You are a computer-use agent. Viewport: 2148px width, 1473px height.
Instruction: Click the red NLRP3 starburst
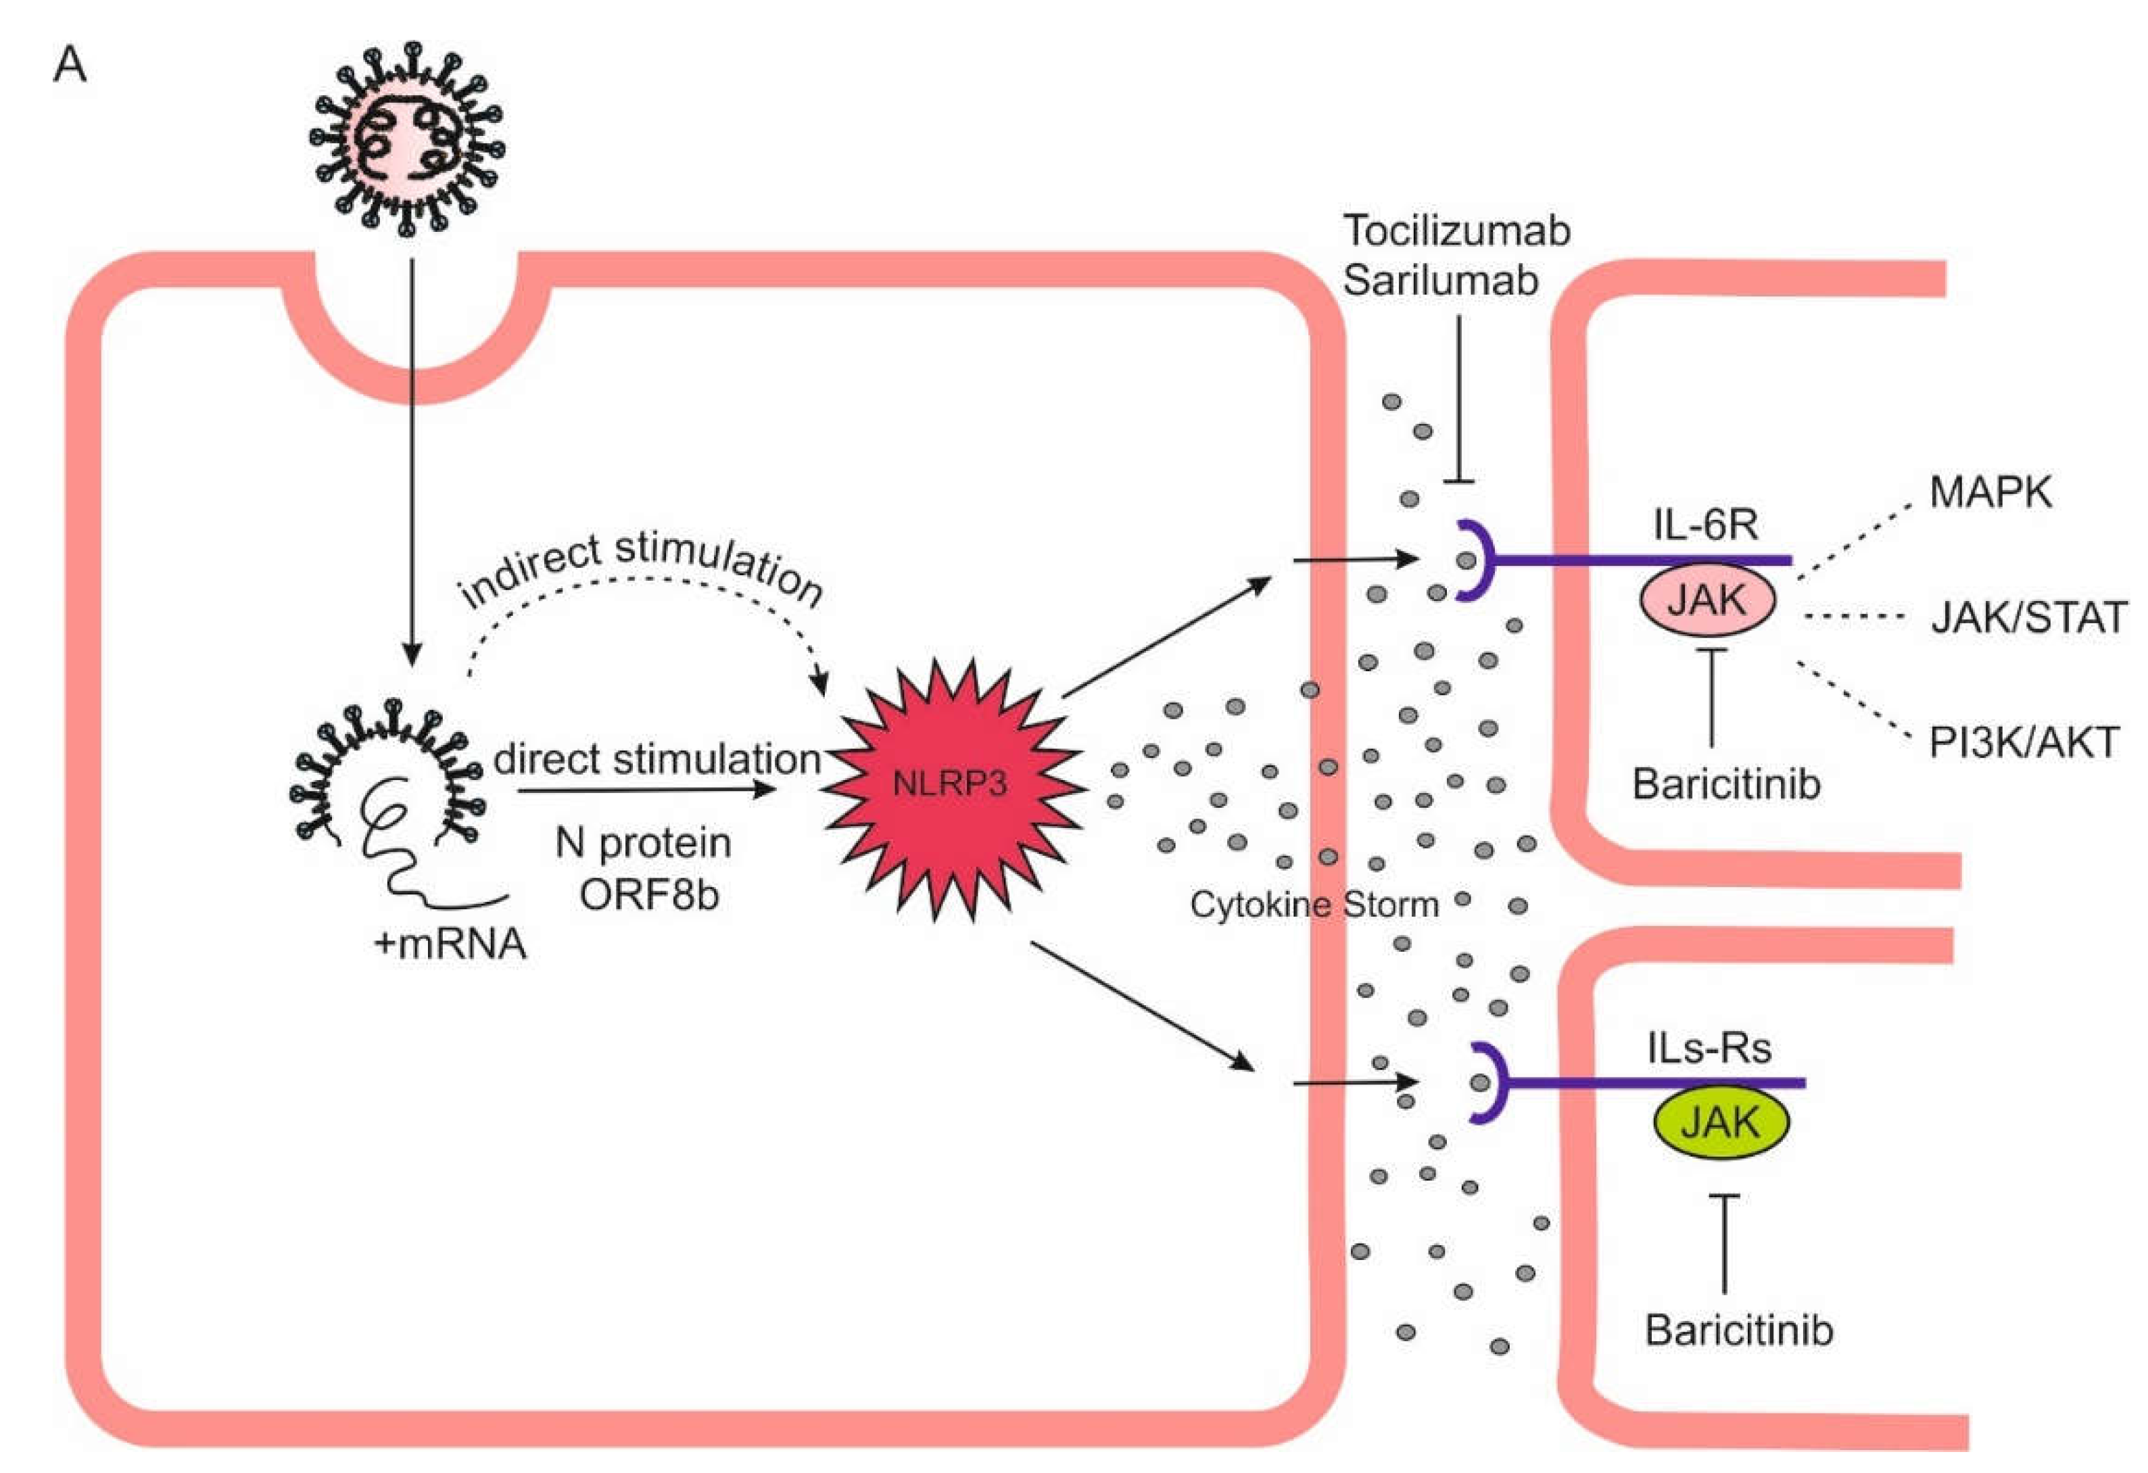[x=952, y=786]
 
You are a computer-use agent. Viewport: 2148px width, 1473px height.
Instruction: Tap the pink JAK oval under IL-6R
[x=1707, y=602]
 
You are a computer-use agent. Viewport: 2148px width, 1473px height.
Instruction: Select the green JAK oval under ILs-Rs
[x=1719, y=1123]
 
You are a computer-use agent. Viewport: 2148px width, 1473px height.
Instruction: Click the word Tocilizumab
[x=1456, y=231]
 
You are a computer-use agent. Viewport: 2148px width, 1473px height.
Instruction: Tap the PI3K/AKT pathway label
[x=2022, y=743]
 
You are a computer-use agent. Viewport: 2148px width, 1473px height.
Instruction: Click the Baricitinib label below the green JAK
[x=1738, y=1330]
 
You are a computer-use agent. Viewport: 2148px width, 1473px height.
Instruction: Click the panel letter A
[x=70, y=66]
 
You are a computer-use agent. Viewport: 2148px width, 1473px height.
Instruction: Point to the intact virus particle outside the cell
[x=406, y=139]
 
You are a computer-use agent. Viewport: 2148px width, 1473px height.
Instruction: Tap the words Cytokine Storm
[x=1314, y=904]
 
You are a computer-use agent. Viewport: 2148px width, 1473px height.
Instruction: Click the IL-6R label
[x=1705, y=525]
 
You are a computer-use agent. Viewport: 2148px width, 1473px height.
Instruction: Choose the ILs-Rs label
[x=1709, y=1048]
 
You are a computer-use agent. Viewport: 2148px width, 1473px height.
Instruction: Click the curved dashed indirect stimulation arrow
[x=647, y=580]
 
